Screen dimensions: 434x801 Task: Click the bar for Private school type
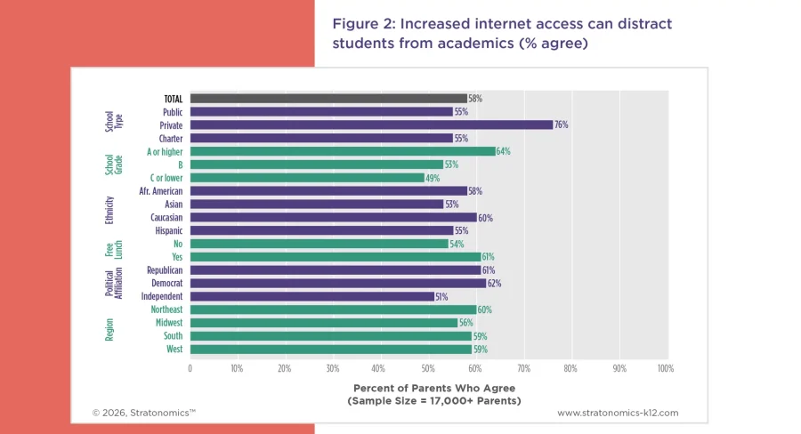pos(371,125)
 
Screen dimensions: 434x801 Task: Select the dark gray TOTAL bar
pos(328,99)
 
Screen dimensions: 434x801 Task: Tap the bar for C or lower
pos(307,178)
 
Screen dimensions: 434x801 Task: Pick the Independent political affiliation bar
pos(311,296)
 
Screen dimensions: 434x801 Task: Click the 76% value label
pos(561,125)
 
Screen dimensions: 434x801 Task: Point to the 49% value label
pos(433,178)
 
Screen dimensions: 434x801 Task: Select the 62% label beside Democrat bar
pos(494,283)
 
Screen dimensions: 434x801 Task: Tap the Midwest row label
pos(167,323)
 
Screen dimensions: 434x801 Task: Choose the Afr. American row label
pos(161,191)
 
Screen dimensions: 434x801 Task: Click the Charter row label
pos(171,139)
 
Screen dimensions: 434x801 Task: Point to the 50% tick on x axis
pos(428,367)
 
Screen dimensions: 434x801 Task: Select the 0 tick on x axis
pos(190,367)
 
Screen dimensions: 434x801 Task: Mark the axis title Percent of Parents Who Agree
pos(434,388)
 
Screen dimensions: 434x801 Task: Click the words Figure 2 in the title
pos(364,24)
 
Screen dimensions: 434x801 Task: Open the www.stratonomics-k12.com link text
pos(618,413)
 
